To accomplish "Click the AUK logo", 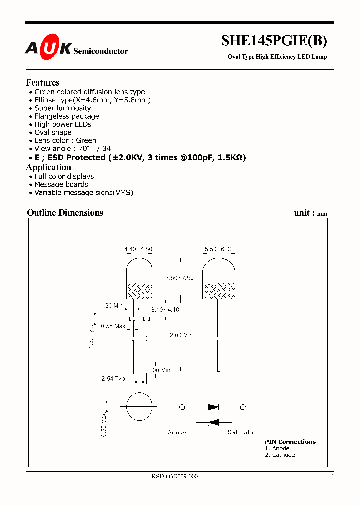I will [x=48, y=48].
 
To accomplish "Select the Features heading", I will [x=43, y=83].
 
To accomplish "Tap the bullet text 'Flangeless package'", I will [x=67, y=116].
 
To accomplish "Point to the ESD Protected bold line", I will [x=140, y=157].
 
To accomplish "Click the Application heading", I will [x=49, y=167].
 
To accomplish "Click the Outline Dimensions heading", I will [x=65, y=213].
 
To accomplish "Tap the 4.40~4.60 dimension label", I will [x=138, y=249].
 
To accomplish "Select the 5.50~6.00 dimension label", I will [x=219, y=249].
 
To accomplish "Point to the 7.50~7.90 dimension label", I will [x=180, y=278].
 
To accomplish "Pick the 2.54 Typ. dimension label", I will [x=114, y=379].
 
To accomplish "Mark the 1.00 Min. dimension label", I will [x=159, y=370].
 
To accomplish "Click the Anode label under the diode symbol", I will [x=177, y=432].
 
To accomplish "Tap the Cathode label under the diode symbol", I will [x=240, y=432].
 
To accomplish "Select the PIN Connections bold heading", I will [x=290, y=442].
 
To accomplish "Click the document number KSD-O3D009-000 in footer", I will [x=175, y=477].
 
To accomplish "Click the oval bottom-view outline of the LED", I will [x=139, y=408].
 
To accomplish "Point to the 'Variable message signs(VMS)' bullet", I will [x=84, y=192].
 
